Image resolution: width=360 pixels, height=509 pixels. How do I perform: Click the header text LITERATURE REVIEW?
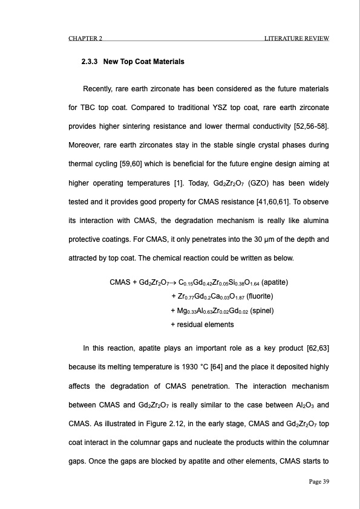(296, 39)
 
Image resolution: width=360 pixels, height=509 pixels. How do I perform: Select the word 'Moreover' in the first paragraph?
(82, 146)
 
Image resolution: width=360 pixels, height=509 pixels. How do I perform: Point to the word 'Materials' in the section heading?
(166, 62)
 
